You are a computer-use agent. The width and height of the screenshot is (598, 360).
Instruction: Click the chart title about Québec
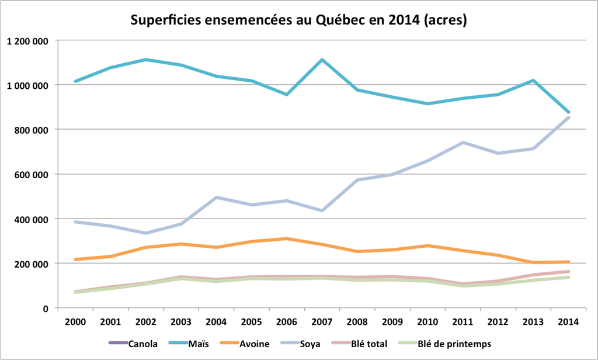(298, 21)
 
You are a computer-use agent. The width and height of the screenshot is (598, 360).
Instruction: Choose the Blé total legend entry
(367, 344)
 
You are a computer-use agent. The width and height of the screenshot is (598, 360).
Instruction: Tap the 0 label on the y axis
(46, 308)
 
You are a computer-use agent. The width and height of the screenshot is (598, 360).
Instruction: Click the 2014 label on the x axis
(569, 321)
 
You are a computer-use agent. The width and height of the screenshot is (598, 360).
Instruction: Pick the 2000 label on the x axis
(76, 321)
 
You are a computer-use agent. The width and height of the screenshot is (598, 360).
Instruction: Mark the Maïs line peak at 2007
(322, 60)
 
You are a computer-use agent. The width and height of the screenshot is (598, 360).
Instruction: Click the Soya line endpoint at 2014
(569, 117)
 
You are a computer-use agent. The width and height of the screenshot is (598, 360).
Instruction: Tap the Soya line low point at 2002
(146, 233)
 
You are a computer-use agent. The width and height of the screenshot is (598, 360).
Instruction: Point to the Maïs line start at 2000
(76, 81)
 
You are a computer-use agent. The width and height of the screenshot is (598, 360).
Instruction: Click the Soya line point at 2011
(463, 143)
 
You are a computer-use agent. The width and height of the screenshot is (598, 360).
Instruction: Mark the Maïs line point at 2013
(533, 81)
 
